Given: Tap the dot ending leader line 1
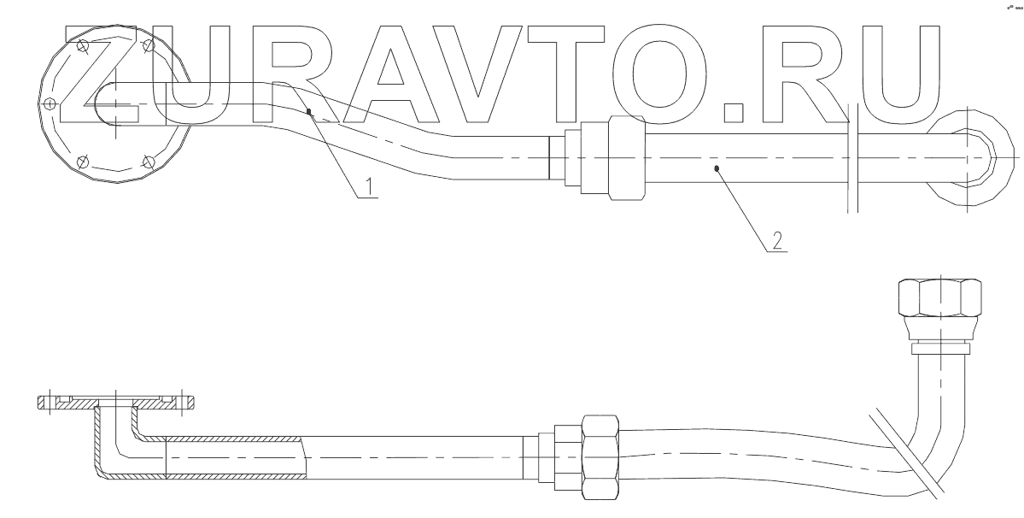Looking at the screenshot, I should (308, 111).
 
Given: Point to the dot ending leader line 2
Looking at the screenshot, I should (717, 169).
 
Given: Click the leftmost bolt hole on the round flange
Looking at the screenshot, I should (50, 104).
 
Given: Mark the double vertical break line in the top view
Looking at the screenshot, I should (852, 158).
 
